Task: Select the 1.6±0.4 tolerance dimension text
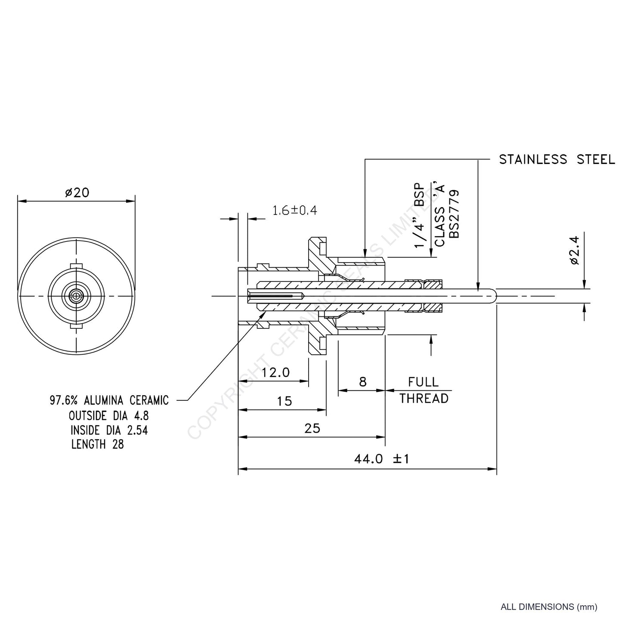(295, 210)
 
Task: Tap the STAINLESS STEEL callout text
(557, 160)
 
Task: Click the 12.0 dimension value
(276, 372)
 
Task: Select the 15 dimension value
(285, 401)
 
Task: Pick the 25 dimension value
(313, 428)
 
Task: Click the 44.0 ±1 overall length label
(381, 459)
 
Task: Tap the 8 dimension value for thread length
(362, 382)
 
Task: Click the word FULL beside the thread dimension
(423, 382)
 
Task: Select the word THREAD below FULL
(424, 399)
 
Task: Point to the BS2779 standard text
(454, 214)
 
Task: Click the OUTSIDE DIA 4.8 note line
(109, 416)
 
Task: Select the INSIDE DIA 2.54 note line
(109, 430)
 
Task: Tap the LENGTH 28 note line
(98, 444)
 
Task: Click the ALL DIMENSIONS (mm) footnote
(549, 607)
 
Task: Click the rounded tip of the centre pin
(494, 296)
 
